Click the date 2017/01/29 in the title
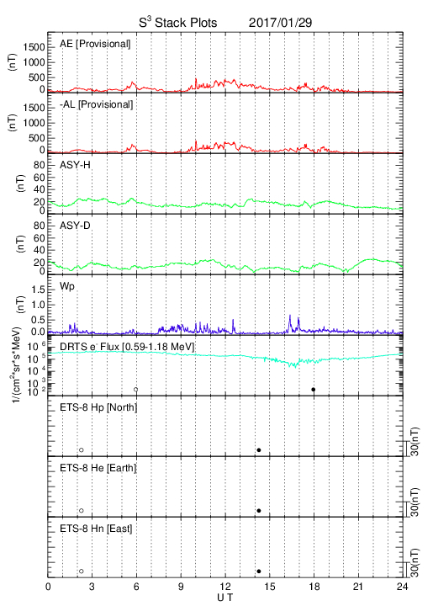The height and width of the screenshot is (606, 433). (280, 23)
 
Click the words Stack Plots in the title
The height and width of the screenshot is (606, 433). (186, 23)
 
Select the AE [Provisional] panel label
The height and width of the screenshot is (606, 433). (95, 44)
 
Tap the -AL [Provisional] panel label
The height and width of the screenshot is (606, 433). (96, 104)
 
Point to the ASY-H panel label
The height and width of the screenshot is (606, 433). (75, 165)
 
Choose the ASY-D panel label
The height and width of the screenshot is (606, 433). (75, 226)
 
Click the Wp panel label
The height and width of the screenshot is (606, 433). (67, 286)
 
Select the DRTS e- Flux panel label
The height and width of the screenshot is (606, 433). (127, 347)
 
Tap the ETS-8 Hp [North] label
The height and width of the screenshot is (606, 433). (98, 407)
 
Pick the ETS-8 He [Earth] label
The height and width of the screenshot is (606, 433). (98, 468)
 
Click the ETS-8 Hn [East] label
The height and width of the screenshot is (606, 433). (96, 529)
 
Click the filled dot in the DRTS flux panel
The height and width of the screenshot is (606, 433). (314, 390)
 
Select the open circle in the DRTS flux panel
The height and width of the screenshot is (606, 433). (136, 390)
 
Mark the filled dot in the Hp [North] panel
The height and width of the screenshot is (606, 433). (259, 449)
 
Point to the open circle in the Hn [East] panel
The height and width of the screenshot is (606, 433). (82, 571)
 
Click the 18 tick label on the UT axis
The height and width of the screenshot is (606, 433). (314, 587)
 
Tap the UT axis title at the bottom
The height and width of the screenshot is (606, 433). (225, 598)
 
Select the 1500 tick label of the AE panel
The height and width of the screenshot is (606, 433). (34, 47)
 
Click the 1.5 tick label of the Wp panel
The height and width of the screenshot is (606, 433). (37, 290)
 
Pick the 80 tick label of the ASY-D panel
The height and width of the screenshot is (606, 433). (40, 226)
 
